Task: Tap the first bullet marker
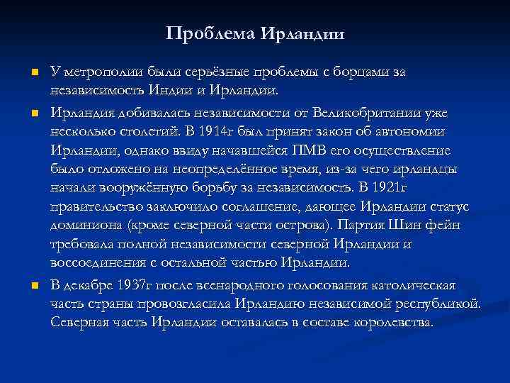(33, 72)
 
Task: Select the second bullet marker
(33, 113)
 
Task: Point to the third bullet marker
(33, 286)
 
